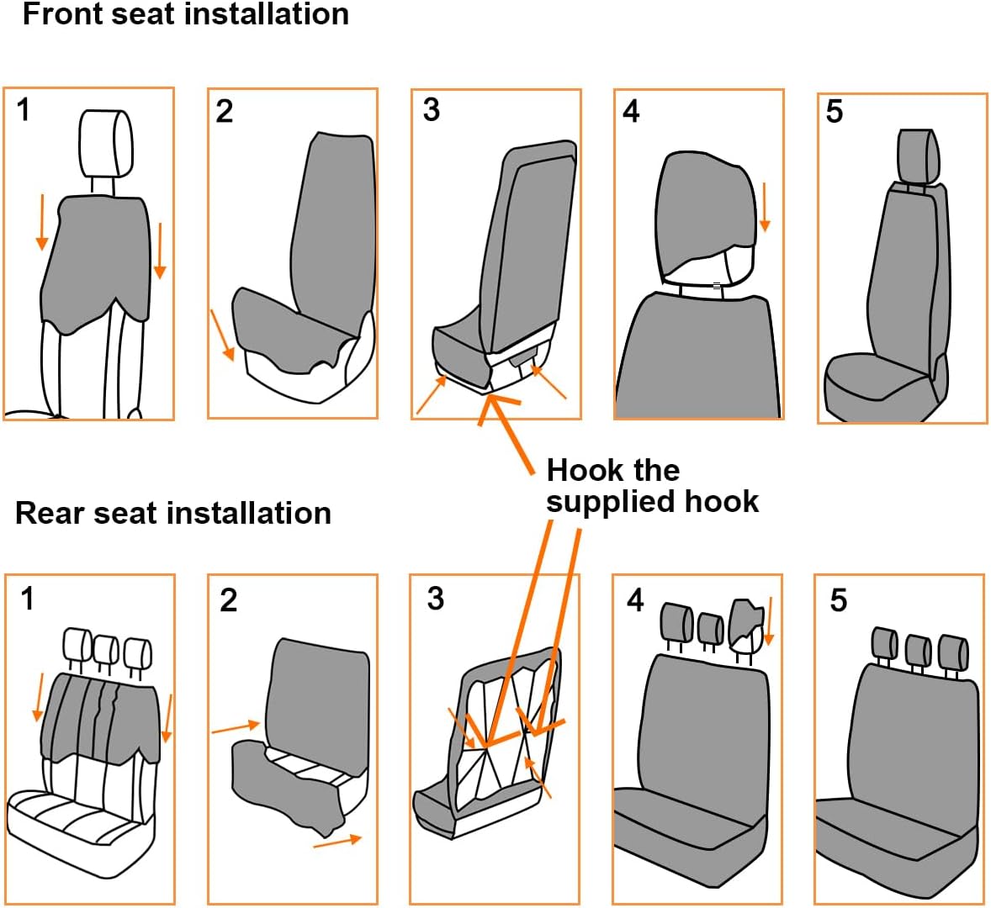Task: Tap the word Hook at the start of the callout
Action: (580, 469)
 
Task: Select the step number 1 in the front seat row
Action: (24, 110)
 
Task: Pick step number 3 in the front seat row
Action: (432, 110)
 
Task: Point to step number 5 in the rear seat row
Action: (839, 600)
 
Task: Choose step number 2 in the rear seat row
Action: (229, 600)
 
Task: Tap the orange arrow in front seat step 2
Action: (222, 335)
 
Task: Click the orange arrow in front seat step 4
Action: (765, 207)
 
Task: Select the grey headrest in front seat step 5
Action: (916, 156)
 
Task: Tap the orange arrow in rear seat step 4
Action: (768, 620)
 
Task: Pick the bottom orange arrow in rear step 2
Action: (337, 841)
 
